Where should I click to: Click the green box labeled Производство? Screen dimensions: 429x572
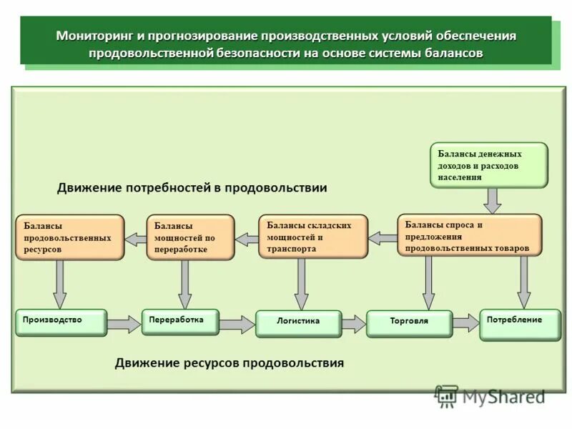coord(61,322)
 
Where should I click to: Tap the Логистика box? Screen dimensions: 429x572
coord(298,323)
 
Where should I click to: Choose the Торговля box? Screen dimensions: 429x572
coord(409,323)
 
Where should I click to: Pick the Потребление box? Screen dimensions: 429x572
coord(521,324)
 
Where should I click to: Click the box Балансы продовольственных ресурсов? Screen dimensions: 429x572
coord(69,237)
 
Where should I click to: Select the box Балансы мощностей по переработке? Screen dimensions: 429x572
coord(190,237)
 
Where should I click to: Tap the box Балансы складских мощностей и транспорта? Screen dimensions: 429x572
coord(313,236)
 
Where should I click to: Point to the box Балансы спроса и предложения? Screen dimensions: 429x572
coord(470,235)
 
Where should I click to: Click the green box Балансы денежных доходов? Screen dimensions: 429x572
coord(489,165)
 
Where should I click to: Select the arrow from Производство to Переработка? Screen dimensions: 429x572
coord(124,324)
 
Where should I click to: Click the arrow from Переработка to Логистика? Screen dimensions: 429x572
coord(237,325)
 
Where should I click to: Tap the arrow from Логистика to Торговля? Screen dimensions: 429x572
coord(353,324)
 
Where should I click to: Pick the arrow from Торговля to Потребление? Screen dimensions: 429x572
coord(465,323)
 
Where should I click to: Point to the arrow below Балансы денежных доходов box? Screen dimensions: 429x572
coord(492,200)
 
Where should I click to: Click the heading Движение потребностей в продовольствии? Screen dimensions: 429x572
coord(192,188)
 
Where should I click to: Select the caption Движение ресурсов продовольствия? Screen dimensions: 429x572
coord(229,363)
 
